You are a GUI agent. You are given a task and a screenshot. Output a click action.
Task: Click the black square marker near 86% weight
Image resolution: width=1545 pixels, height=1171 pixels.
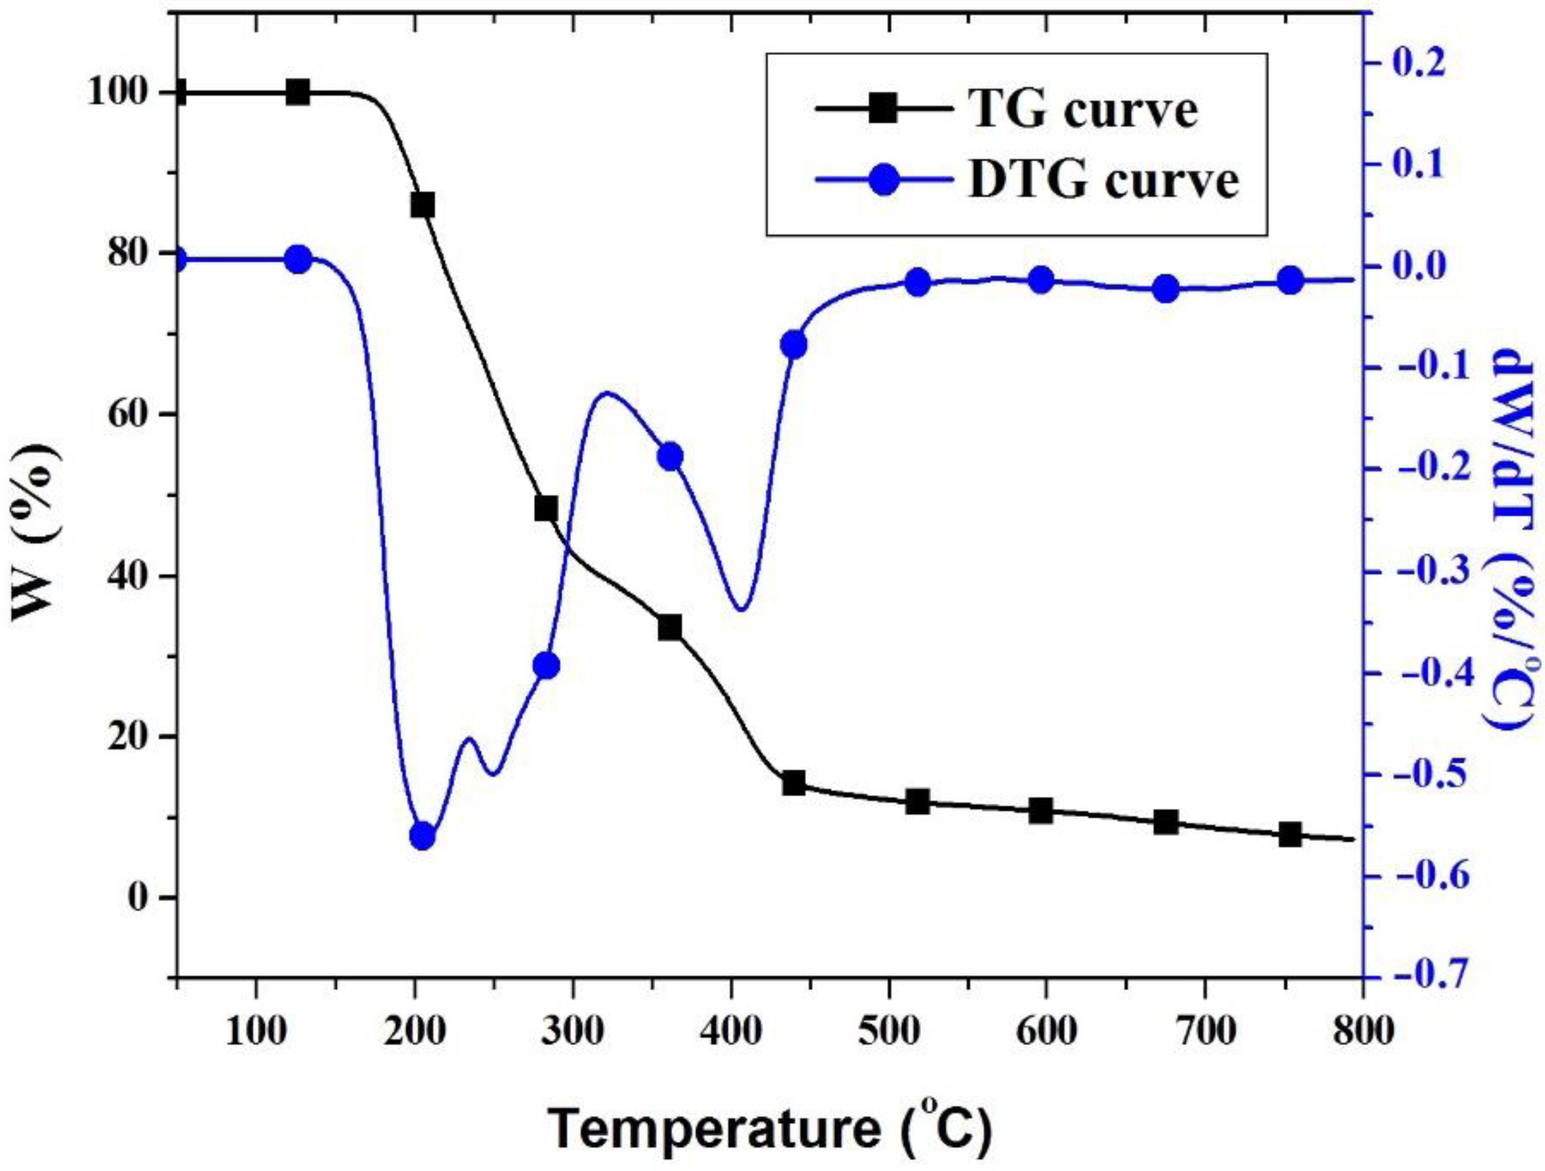[423, 206]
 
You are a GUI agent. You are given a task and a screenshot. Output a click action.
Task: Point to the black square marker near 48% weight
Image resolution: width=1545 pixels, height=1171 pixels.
[546, 508]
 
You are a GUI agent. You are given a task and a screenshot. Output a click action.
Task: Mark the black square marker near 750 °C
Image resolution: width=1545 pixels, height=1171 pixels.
[1290, 834]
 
